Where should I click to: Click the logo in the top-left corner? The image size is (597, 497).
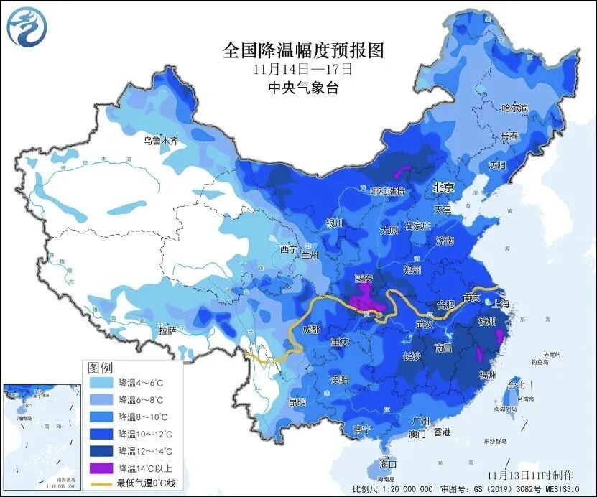pos(25,25)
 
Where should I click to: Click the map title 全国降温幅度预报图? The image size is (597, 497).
pos(304,50)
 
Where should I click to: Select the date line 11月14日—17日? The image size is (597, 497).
pos(302,70)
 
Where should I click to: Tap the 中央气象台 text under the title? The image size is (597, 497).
pos(302,88)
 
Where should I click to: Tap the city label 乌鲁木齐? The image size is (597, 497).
pos(159,141)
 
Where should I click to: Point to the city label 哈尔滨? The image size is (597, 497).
pos(514,108)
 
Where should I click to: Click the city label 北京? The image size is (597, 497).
pos(443,187)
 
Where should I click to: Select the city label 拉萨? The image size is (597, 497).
pos(168,330)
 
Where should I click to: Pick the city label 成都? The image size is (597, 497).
pos(311,330)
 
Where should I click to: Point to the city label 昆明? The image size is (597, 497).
pos(296,401)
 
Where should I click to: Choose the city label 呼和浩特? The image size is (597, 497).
pos(387,191)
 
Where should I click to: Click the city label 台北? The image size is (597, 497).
pos(516,385)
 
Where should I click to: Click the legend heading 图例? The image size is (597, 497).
pos(100,367)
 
